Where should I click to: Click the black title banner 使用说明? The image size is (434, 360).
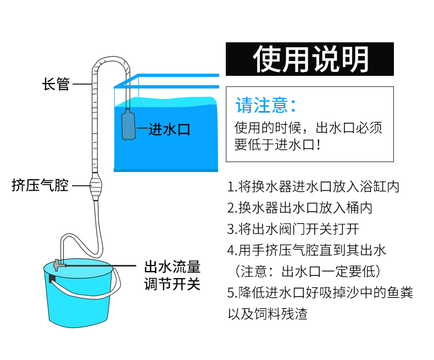click(x=310, y=59)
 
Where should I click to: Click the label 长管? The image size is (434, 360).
click(x=56, y=84)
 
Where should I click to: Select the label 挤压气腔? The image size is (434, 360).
click(x=40, y=185)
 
